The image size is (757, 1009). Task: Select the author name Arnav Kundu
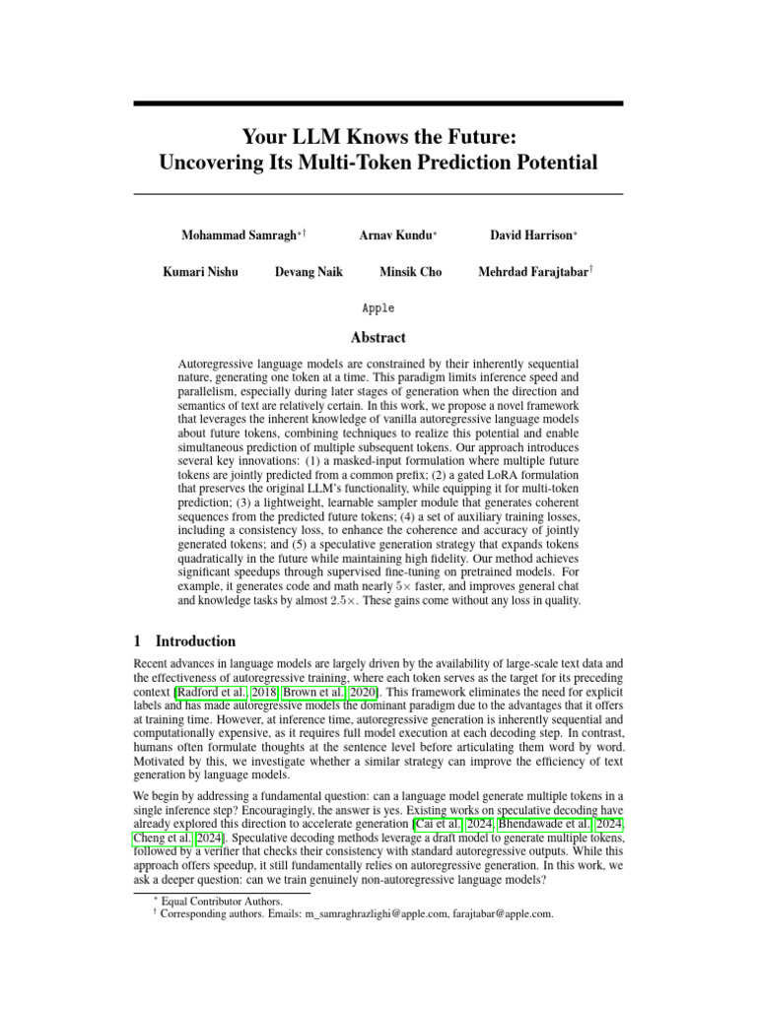tap(395, 235)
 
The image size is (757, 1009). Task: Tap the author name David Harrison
tap(530, 235)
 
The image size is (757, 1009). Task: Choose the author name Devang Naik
tap(309, 272)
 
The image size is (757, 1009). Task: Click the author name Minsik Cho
tap(410, 272)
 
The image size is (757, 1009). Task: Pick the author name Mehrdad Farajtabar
tap(531, 272)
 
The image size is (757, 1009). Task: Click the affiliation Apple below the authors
tap(378, 307)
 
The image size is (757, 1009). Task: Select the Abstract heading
tap(378, 337)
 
